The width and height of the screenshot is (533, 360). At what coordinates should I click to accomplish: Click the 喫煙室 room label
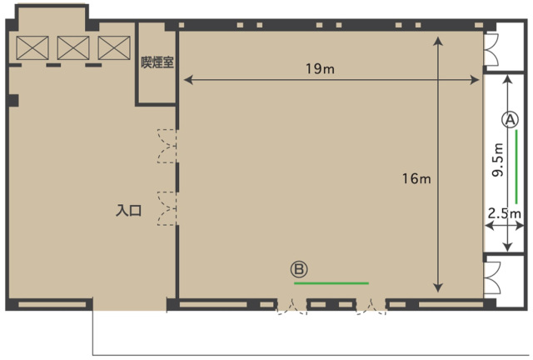pyautogui.click(x=157, y=62)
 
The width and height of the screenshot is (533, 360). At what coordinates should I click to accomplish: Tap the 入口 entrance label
pyautogui.click(x=128, y=211)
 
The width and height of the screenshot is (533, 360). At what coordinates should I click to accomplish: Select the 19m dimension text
pyautogui.click(x=320, y=68)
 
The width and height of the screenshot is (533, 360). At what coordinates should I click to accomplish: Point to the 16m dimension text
pyautogui.click(x=416, y=178)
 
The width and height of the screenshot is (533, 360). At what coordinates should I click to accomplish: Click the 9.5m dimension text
pyautogui.click(x=498, y=160)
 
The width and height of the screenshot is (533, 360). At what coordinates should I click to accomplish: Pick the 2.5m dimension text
pyautogui.click(x=505, y=213)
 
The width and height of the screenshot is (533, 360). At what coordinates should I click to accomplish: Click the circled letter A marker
pyautogui.click(x=510, y=119)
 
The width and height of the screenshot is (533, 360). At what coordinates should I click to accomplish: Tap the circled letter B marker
pyautogui.click(x=299, y=269)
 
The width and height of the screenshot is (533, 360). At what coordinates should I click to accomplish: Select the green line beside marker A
pyautogui.click(x=516, y=167)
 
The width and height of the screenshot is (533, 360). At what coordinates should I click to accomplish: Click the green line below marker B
pyautogui.click(x=331, y=283)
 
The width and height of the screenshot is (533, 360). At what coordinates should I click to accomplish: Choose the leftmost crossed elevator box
pyautogui.click(x=32, y=47)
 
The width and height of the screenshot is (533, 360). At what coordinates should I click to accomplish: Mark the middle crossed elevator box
pyautogui.click(x=73, y=47)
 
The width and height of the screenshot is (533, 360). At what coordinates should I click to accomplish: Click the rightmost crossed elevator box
pyautogui.click(x=114, y=47)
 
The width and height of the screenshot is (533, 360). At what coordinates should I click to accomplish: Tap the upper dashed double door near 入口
pyautogui.click(x=167, y=146)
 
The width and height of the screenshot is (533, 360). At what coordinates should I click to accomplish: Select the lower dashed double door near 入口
pyautogui.click(x=167, y=208)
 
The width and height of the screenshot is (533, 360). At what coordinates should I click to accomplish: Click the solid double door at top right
pyautogui.click(x=491, y=50)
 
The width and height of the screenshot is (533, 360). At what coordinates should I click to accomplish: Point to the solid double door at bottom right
pyautogui.click(x=492, y=277)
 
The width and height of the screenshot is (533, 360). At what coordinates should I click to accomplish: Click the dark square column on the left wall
pyautogui.click(x=12, y=101)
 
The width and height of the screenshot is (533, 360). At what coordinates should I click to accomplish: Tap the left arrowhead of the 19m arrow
pyautogui.click(x=188, y=80)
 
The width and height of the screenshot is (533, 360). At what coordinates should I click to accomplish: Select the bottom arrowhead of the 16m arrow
pyautogui.click(x=439, y=287)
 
